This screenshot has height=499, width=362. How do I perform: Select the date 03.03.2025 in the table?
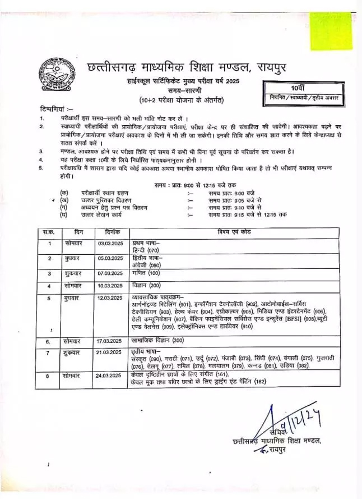pos(110,243)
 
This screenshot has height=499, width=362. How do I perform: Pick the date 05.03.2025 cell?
pos(110,258)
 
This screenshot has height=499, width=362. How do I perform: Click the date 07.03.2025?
pos(110,273)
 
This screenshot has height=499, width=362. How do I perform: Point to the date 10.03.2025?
pos(110,286)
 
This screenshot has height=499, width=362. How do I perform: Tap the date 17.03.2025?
pos(110,341)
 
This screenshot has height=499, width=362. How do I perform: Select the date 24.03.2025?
pos(110,374)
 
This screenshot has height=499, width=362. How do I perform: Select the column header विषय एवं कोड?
pos(234,231)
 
